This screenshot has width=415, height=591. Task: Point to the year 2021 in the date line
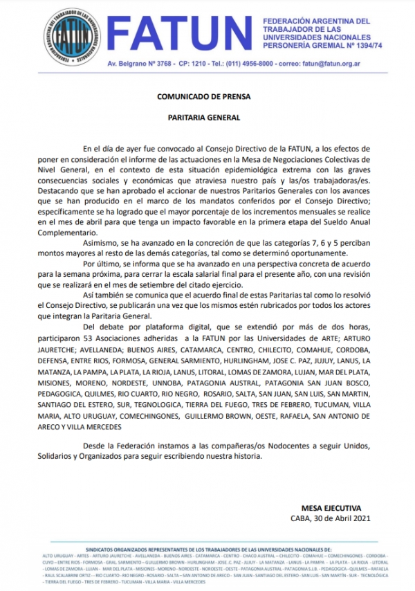358,518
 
